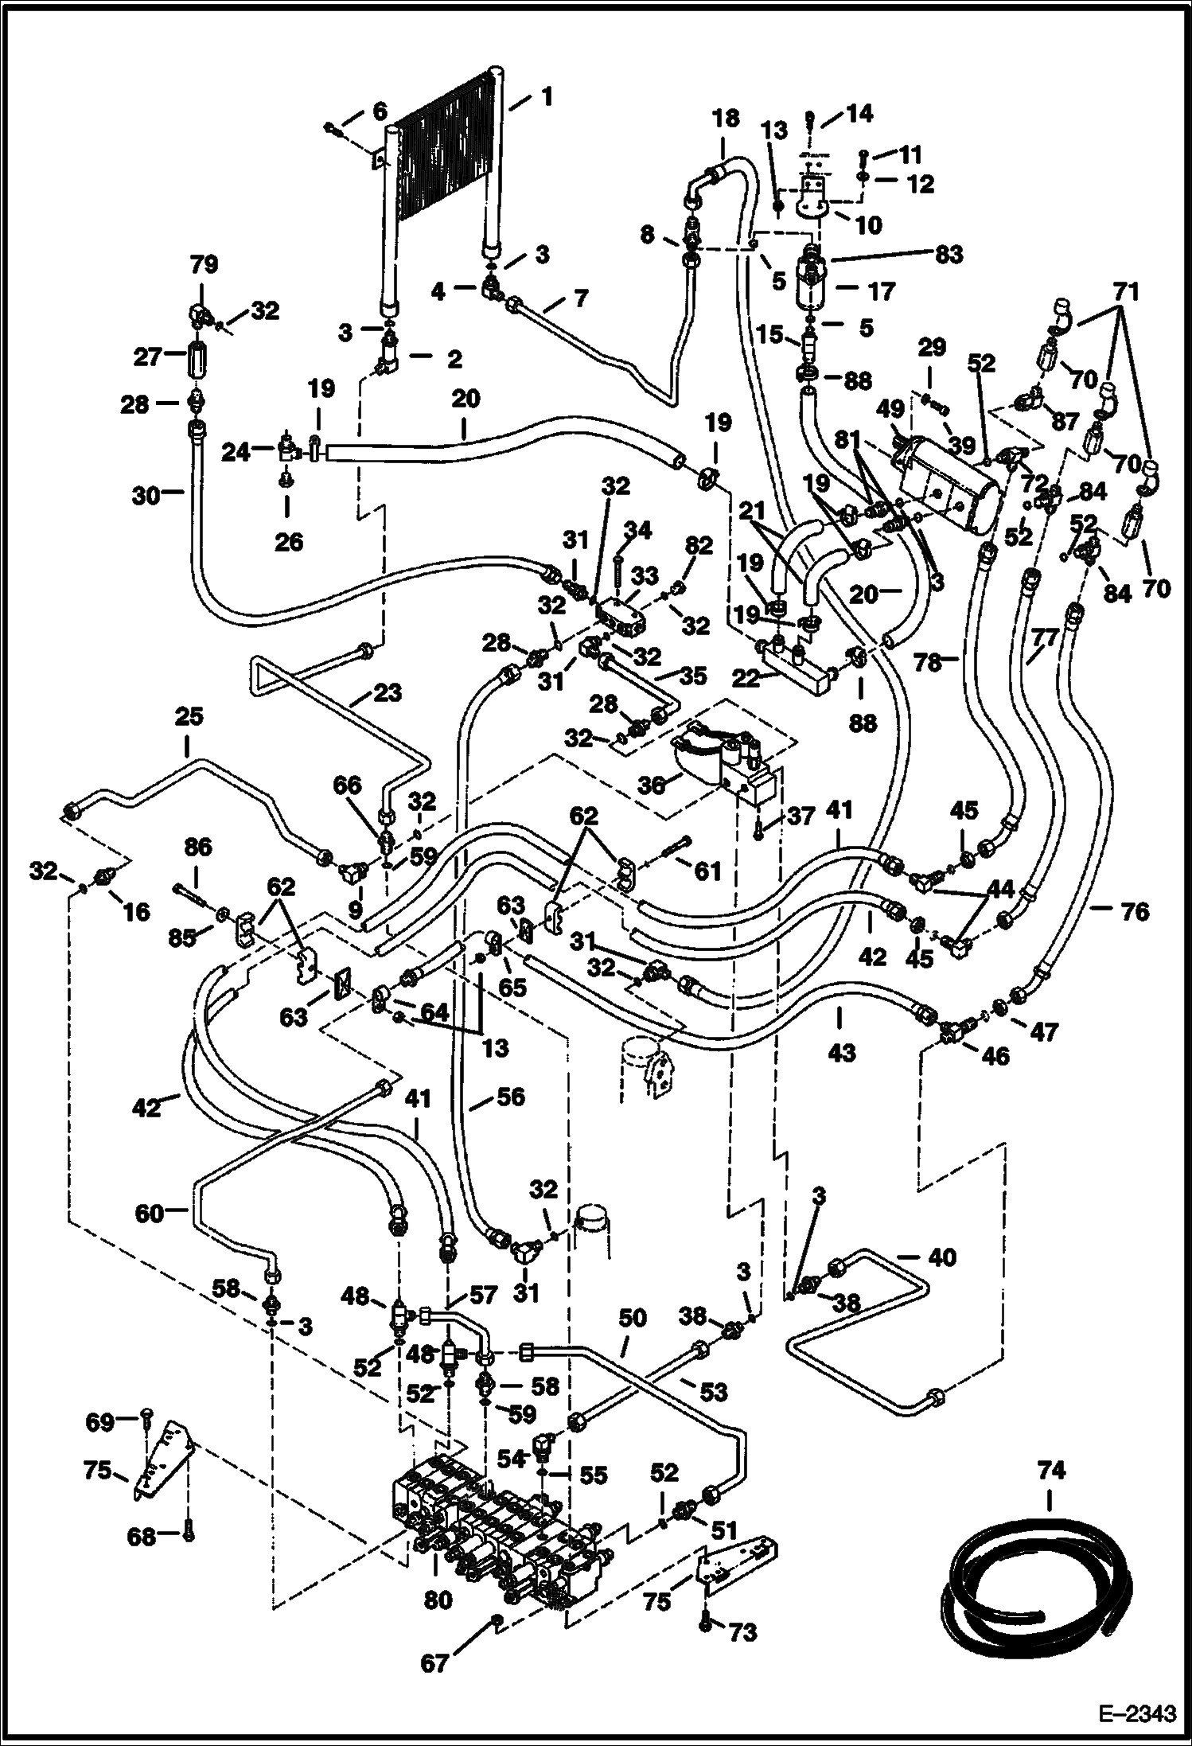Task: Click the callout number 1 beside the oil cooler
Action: (x=546, y=98)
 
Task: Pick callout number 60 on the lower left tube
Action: (x=150, y=1213)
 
